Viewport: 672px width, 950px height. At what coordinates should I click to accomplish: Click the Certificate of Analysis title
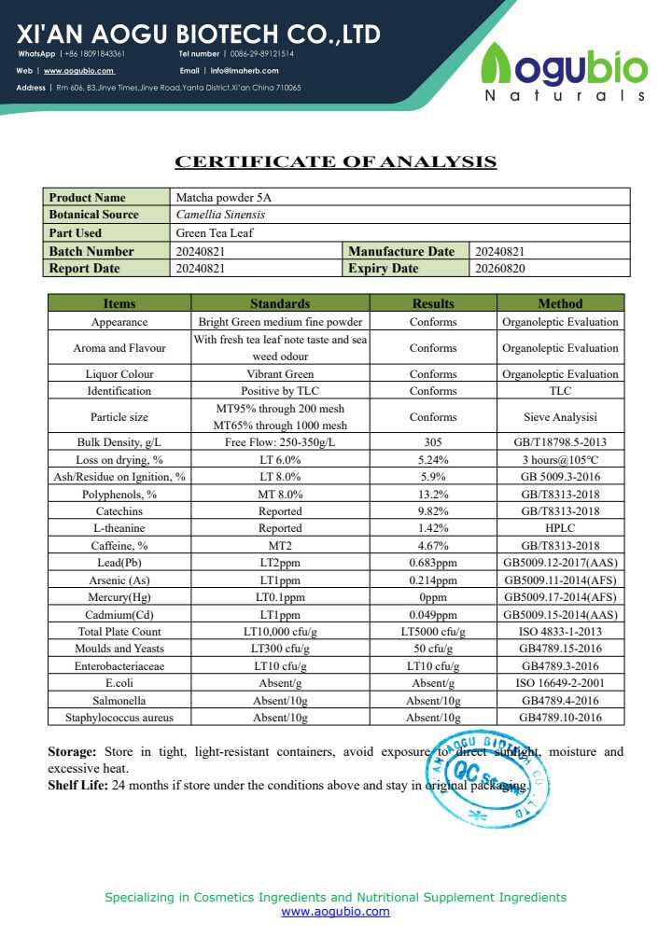336,161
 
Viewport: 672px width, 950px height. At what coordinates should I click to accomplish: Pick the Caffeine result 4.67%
433,546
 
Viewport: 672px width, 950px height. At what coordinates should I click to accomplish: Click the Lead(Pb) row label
119,563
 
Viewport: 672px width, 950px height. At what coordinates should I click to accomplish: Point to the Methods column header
560,303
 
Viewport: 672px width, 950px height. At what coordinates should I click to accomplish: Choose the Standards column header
280,303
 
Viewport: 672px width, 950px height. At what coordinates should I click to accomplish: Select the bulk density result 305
433,442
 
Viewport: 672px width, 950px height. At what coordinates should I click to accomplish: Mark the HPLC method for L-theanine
560,528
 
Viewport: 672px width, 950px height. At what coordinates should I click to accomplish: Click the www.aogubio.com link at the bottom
335,912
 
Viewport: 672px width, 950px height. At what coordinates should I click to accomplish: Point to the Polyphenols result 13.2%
433,494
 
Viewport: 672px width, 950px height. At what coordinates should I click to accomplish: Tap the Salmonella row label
119,700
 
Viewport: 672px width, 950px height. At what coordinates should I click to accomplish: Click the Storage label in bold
72,751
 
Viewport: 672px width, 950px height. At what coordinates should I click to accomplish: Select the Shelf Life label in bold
77,785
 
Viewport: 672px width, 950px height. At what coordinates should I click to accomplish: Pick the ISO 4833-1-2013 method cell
560,632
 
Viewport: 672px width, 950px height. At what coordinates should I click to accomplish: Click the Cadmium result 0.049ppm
433,615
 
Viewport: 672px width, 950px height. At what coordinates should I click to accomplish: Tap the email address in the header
244,70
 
